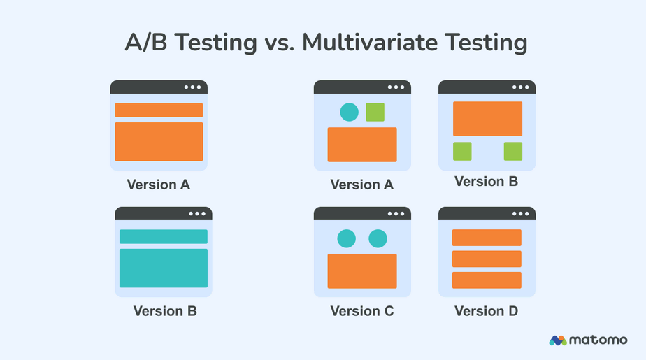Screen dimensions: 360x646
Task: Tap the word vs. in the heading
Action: pos(284,43)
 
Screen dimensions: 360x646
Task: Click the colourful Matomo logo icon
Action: pos(558,340)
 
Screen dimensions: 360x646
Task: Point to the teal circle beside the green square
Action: pos(349,112)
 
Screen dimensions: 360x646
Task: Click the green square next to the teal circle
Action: pos(375,112)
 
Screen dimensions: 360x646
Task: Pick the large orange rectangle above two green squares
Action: pos(487,119)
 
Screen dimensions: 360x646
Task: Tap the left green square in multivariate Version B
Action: pos(462,152)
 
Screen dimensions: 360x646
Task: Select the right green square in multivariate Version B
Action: pos(513,152)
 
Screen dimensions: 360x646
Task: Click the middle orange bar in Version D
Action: pos(487,259)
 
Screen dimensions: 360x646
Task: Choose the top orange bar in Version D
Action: pos(487,238)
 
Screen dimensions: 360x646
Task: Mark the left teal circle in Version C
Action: pos(346,238)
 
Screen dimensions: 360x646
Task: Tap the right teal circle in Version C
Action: pos(378,238)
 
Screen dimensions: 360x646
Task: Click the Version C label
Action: pos(362,311)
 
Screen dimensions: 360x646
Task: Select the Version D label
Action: pos(487,311)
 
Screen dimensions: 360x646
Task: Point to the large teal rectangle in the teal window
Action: pos(164,268)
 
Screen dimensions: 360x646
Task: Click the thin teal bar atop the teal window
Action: pos(164,236)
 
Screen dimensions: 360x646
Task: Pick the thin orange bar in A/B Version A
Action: pos(159,110)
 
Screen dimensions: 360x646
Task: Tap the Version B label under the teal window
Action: pos(165,311)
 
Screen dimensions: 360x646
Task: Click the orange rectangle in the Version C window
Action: pos(362,271)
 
